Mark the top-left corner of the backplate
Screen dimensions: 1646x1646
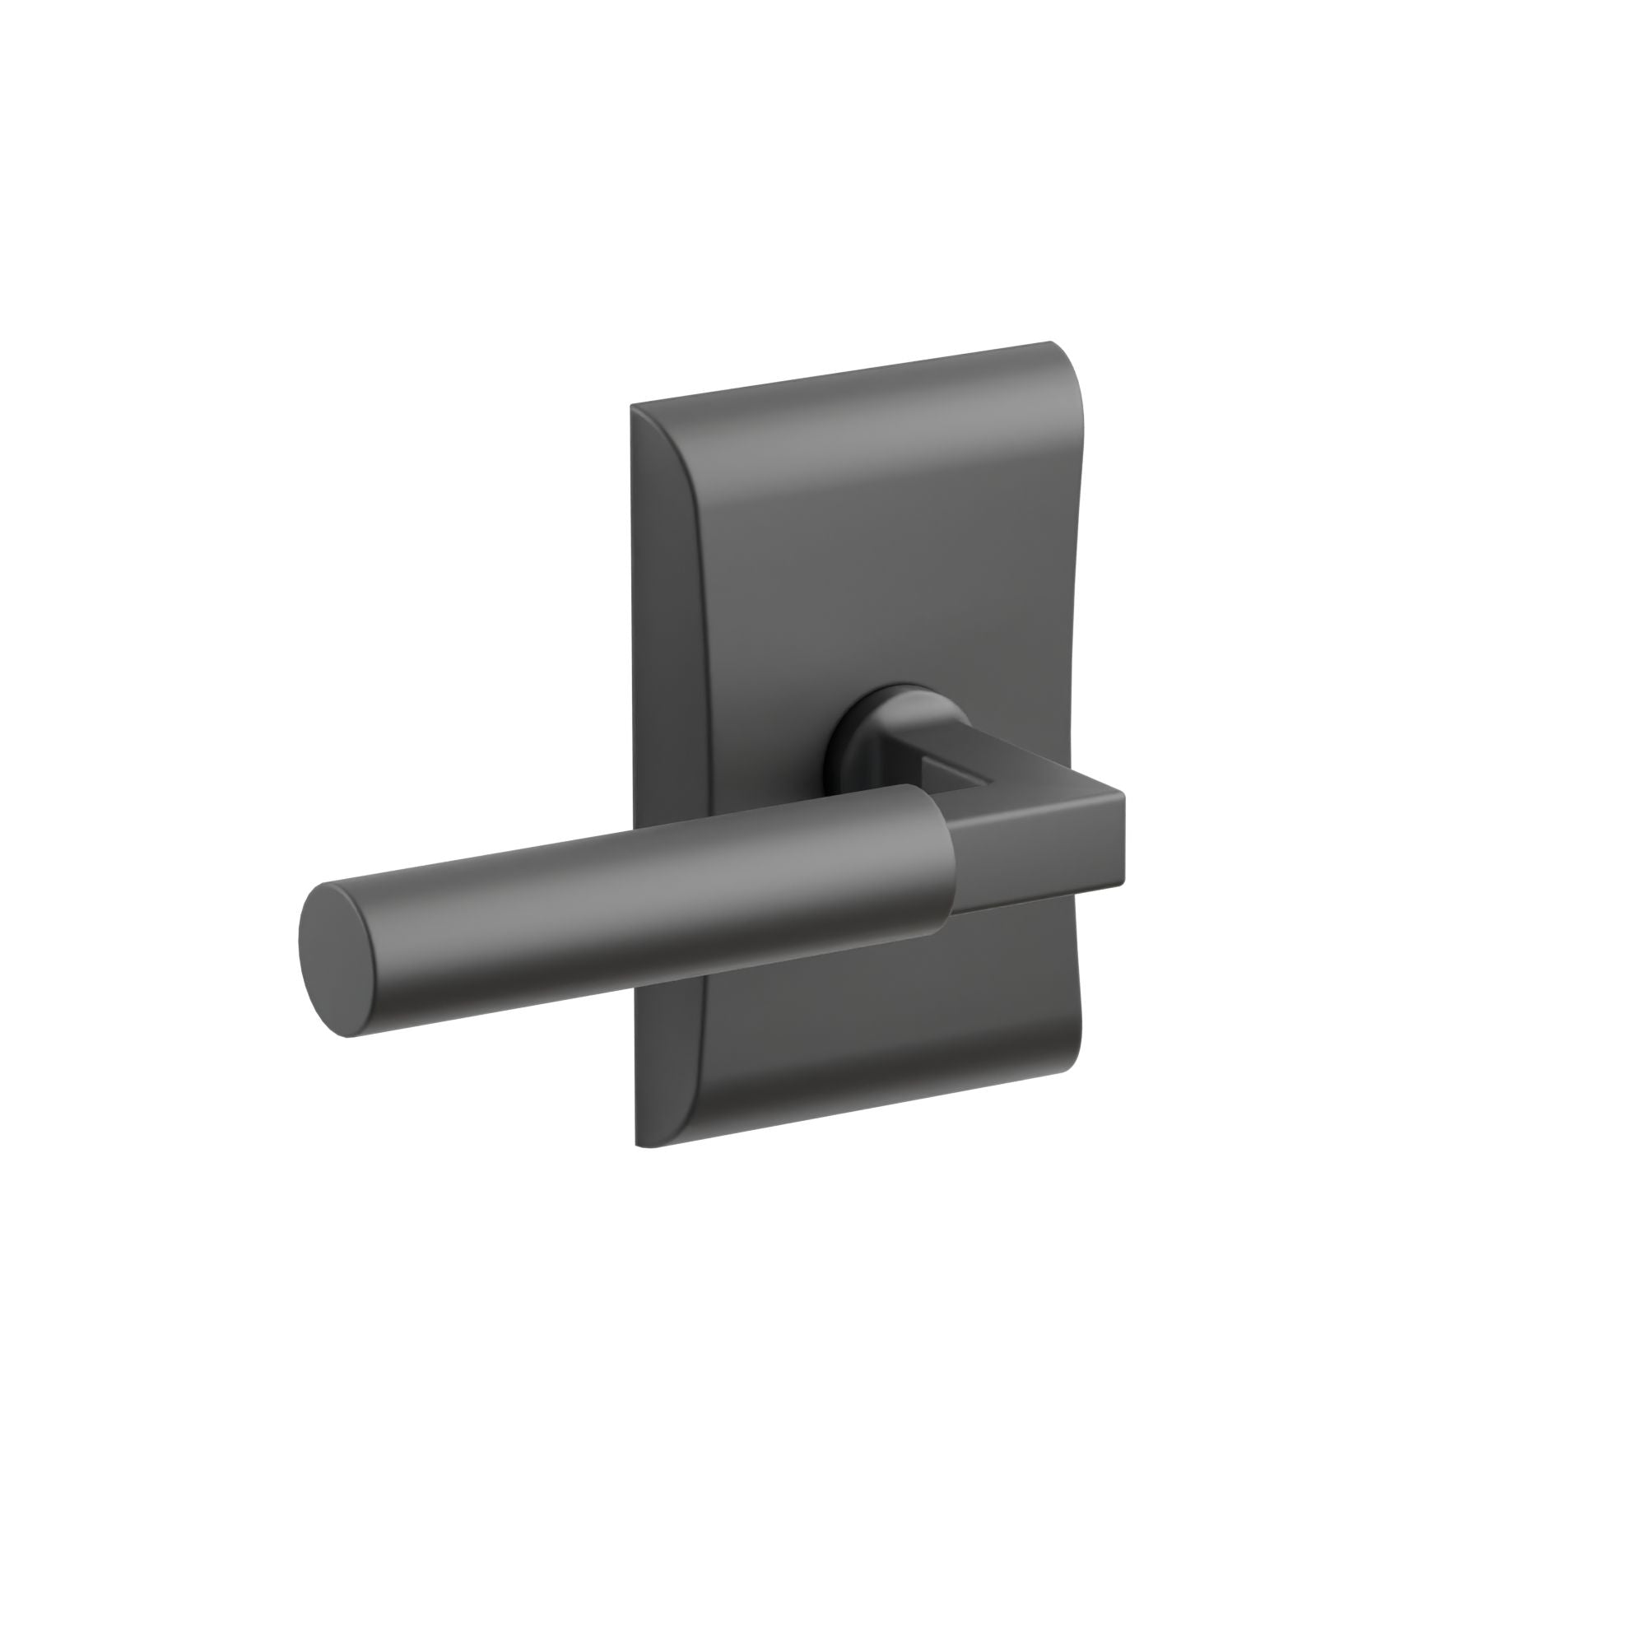pyautogui.click(x=633, y=407)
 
